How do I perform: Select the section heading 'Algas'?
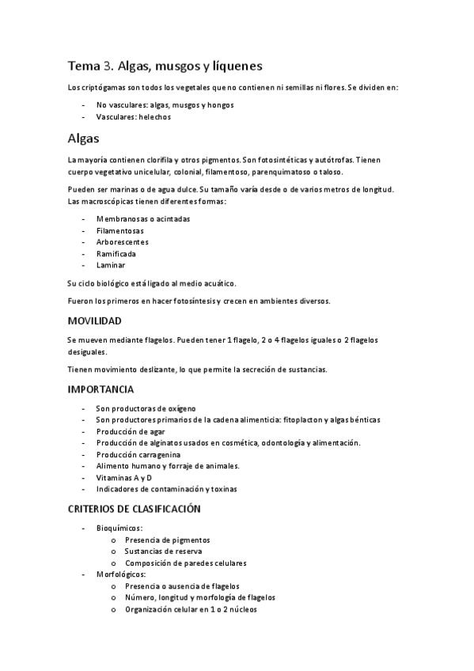click(83, 138)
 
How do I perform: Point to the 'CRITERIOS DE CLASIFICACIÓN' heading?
click(134, 508)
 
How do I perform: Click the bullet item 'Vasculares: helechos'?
click(133, 116)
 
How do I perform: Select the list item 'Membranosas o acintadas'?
click(143, 218)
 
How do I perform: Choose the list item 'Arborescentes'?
click(122, 242)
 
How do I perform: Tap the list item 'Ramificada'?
click(116, 254)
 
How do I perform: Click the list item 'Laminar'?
click(111, 266)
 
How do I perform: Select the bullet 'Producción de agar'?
click(131, 431)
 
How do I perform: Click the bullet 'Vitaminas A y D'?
click(124, 478)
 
